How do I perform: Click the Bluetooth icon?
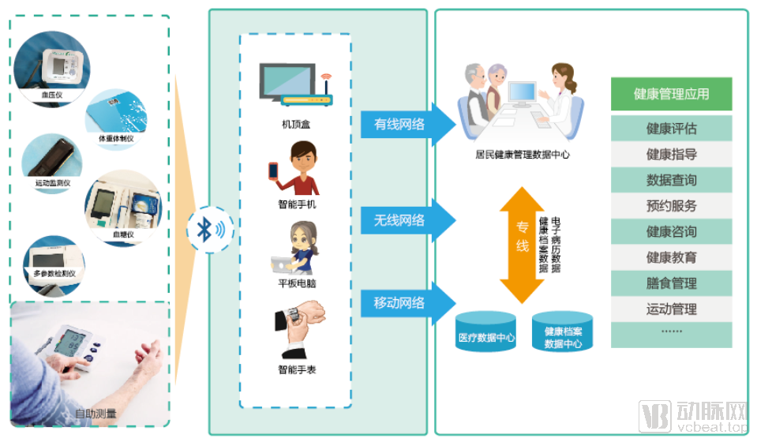[x=208, y=230]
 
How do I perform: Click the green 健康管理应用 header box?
[x=671, y=94]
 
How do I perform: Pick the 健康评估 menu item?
[x=671, y=129]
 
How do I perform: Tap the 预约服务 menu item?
[x=671, y=206]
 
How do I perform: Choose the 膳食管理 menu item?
[x=671, y=283]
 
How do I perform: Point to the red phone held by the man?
[x=274, y=170]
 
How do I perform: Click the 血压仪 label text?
[x=53, y=94]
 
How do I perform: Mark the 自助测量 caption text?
[x=96, y=413]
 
